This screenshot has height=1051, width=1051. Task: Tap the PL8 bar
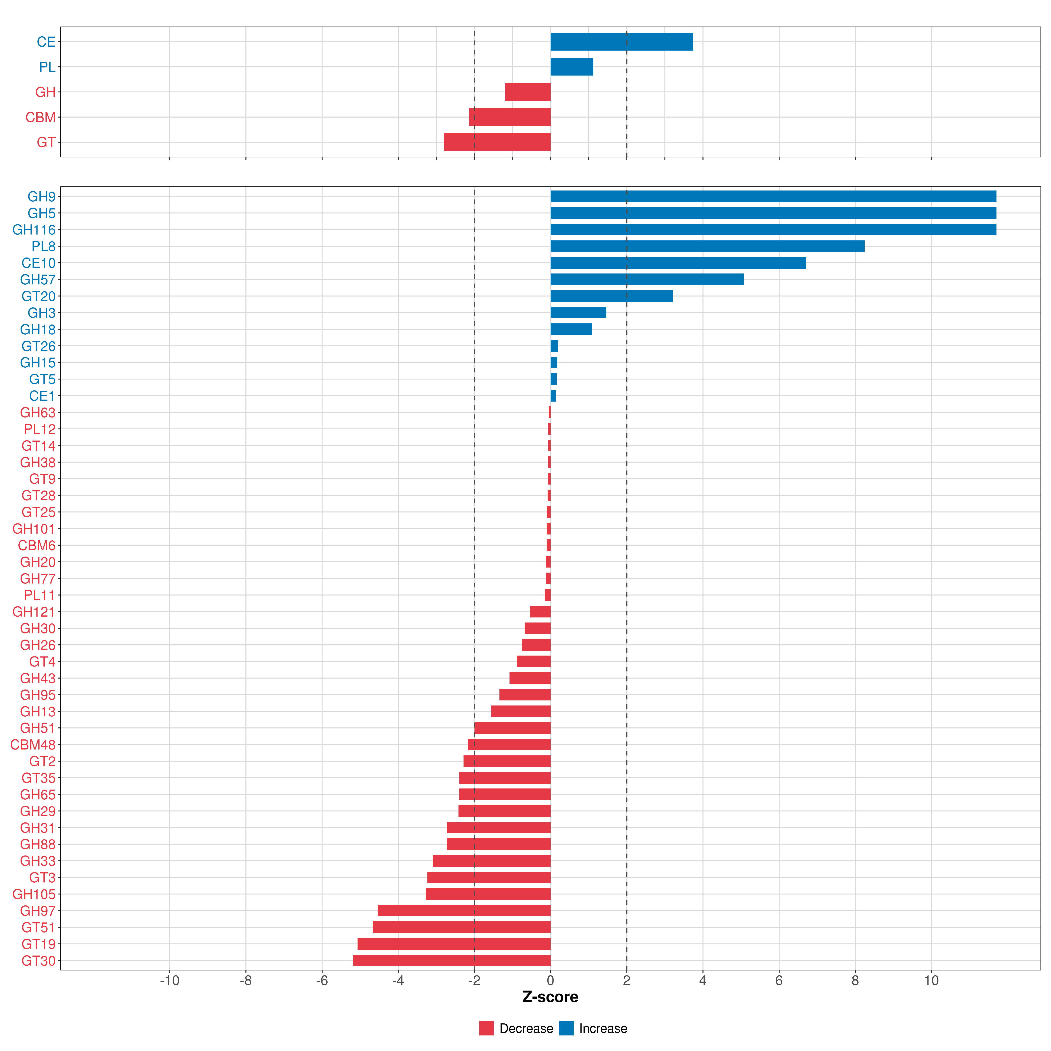pyautogui.click(x=707, y=246)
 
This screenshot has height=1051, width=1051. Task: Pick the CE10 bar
pyautogui.click(x=678, y=263)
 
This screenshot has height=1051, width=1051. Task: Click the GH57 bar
pyautogui.click(x=647, y=280)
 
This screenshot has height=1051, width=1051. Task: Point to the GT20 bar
pyautogui.click(x=612, y=296)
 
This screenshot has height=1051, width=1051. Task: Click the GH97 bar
pyautogui.click(x=464, y=911)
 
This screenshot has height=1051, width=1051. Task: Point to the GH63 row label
pyautogui.click(x=37, y=412)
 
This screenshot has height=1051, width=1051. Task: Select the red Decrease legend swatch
pyautogui.click(x=486, y=1028)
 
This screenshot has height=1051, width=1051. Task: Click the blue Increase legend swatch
pyautogui.click(x=566, y=1028)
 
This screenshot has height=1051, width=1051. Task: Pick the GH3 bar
pyautogui.click(x=578, y=313)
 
